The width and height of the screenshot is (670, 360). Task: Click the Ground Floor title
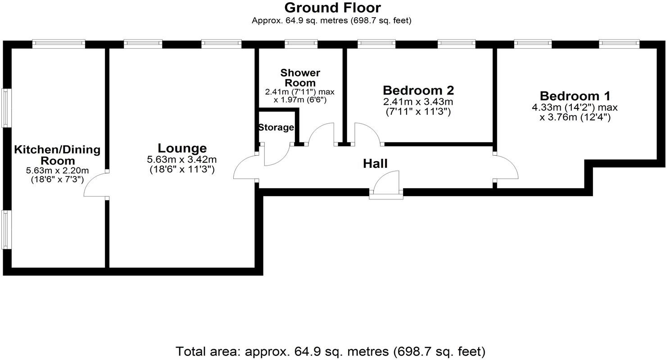(x=332, y=8)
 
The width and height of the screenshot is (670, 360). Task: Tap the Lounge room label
(x=182, y=148)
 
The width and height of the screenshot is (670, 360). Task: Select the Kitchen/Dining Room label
(x=57, y=155)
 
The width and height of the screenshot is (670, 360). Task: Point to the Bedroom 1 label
(x=575, y=96)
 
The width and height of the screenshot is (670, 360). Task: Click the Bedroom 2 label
(x=418, y=90)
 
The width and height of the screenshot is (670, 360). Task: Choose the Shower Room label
(x=300, y=77)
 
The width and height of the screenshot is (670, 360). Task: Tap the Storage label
(x=276, y=127)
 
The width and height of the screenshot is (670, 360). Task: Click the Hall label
(x=375, y=164)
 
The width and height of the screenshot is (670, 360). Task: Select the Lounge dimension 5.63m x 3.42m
(x=182, y=159)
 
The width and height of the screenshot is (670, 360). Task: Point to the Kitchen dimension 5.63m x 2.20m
(x=57, y=171)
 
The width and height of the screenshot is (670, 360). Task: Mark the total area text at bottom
(x=330, y=351)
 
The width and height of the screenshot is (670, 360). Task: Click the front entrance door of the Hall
(x=386, y=184)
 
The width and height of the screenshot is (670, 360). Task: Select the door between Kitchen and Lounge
(x=95, y=184)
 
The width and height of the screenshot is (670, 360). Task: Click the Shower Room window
(x=301, y=43)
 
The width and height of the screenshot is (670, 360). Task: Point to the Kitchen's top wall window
(x=59, y=44)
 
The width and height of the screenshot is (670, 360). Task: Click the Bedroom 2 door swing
(x=367, y=133)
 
